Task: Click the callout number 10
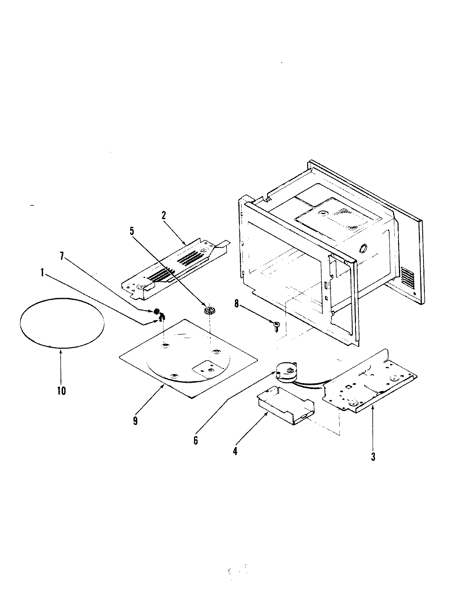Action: pos(61,391)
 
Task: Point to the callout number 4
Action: pos(235,451)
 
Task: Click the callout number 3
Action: pos(373,457)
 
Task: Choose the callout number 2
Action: pos(164,215)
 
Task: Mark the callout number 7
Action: pos(62,257)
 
